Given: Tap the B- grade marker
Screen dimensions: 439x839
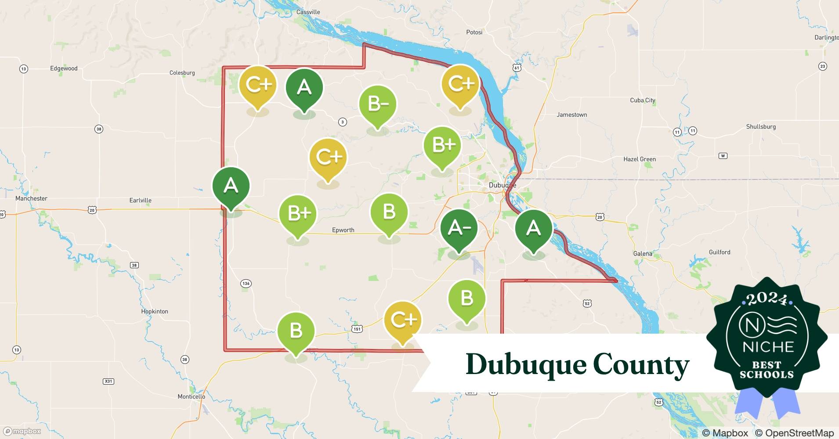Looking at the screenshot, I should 378,104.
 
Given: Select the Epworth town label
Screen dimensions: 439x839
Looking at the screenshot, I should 343,230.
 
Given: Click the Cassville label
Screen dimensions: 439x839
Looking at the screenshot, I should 308,12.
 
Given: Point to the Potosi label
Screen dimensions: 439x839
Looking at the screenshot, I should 474,32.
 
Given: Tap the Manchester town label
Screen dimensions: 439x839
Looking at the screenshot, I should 31,198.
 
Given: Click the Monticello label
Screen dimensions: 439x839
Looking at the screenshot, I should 191,396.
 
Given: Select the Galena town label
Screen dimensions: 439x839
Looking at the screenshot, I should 643,254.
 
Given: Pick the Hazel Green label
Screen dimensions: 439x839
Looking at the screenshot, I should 639,159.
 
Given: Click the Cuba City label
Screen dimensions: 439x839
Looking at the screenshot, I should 642,100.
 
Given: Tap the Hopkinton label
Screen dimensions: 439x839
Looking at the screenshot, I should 155,311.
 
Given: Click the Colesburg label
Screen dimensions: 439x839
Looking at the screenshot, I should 182,73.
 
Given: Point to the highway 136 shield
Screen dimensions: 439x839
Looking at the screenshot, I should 246,284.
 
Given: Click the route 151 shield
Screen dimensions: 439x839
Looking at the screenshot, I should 357,329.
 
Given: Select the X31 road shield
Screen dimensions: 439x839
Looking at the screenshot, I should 108,381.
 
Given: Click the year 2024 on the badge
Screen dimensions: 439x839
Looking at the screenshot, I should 767,299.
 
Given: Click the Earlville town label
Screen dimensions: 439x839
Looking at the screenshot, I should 141,200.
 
